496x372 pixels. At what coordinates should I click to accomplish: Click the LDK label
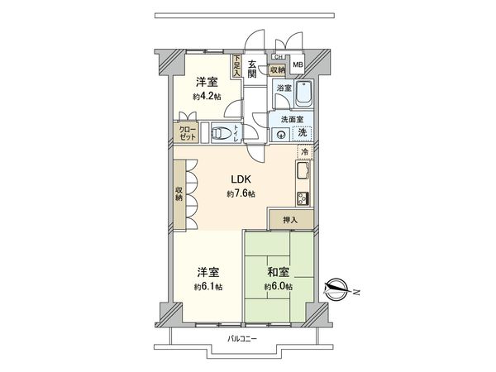tap(240, 179)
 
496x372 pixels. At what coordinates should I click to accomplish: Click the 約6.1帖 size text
tap(208, 286)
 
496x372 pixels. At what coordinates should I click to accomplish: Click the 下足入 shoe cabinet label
tap(236, 65)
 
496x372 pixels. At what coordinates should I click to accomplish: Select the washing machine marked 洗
tap(303, 132)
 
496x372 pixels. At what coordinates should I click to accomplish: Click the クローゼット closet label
tap(187, 133)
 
